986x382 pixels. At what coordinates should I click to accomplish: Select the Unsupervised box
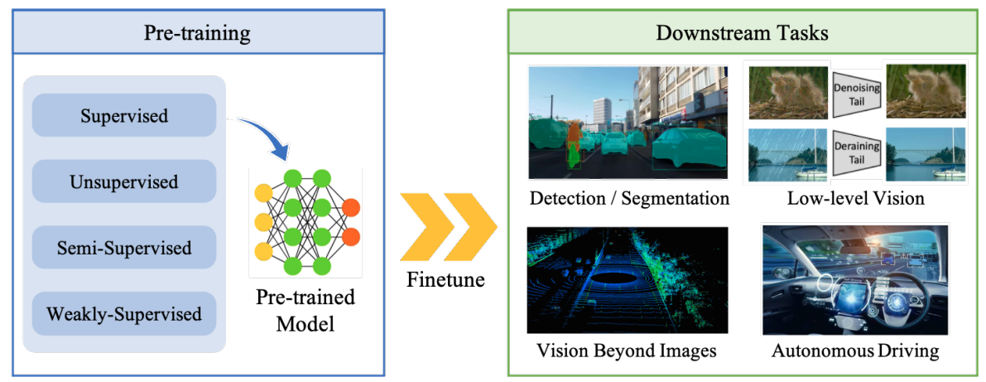pos(124,181)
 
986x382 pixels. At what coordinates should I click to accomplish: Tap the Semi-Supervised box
pos(124,248)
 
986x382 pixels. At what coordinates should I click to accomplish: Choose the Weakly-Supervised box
pos(124,313)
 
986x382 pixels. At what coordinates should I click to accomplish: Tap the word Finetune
pos(447,278)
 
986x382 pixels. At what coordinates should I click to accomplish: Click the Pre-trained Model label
pos(305,311)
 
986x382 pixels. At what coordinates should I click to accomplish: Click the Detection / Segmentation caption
pos(629,198)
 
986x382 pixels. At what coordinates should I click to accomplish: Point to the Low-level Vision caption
pos(857,198)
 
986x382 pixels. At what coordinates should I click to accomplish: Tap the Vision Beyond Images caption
pos(627,350)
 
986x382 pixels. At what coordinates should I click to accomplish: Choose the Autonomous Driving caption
pos(856,350)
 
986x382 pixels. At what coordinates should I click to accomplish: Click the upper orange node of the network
pos(351,208)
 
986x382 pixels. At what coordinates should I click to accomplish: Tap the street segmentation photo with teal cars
pos(628,123)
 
